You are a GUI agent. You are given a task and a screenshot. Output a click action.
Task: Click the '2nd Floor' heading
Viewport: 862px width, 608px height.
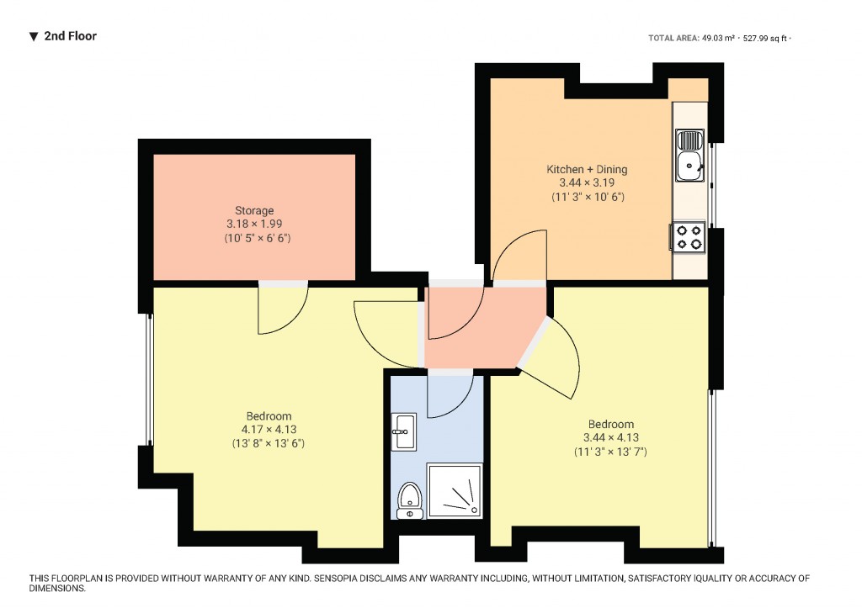[x=70, y=36]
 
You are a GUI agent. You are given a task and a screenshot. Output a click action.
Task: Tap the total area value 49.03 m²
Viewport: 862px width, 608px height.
[x=719, y=38]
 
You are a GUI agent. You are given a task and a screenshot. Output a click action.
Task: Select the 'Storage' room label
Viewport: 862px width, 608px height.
[x=254, y=210]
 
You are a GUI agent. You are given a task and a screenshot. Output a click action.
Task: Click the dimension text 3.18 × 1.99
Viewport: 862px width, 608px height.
[x=254, y=225]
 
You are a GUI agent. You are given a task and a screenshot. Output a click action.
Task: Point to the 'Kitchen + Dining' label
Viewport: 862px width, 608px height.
[x=587, y=169]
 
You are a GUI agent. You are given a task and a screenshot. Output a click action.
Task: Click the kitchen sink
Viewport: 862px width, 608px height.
[x=690, y=156]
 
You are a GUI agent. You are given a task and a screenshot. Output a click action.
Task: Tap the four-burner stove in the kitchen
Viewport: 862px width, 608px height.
[x=689, y=236]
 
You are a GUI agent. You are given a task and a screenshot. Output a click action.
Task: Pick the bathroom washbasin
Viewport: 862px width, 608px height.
[x=404, y=431]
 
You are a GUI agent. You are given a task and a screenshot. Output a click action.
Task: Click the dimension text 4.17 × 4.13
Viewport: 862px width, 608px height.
[x=269, y=430]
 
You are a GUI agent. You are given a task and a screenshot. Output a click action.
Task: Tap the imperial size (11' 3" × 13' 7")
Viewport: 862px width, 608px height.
[x=610, y=452]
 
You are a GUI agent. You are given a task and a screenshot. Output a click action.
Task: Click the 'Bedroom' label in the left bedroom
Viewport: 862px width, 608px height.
[x=269, y=416]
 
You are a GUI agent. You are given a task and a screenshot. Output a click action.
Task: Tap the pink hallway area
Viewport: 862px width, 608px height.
[x=476, y=328]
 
